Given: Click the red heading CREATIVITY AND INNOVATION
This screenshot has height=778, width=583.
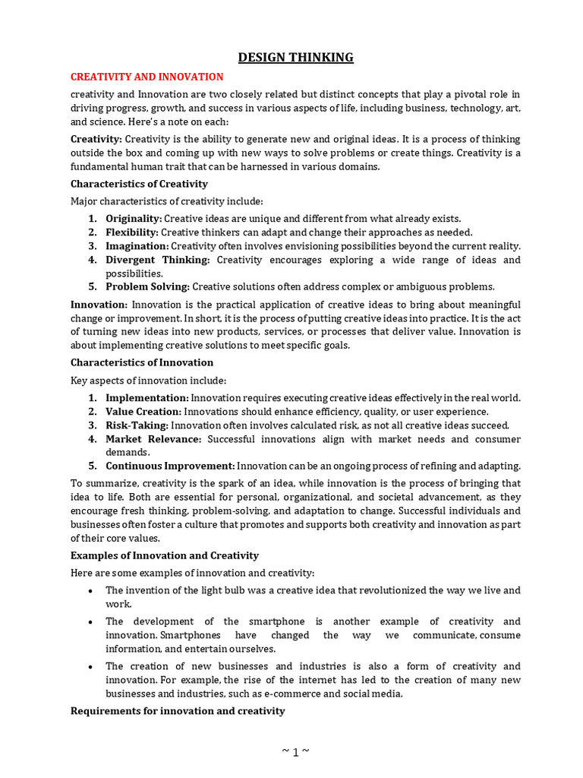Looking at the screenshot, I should [x=147, y=77].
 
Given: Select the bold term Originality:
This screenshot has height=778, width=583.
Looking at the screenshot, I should [x=134, y=219].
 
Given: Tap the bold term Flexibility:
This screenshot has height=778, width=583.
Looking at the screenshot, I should [x=132, y=232].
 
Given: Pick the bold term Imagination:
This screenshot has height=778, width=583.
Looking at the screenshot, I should [x=137, y=246].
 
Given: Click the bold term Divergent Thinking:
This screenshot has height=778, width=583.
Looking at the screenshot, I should [x=157, y=260].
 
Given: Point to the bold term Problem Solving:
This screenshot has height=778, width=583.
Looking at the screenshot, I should [x=147, y=287].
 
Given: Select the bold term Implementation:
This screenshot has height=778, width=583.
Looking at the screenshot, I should [x=147, y=398].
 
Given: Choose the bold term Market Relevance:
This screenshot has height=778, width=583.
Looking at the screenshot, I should [x=153, y=439].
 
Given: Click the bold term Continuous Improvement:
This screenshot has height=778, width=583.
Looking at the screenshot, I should [x=170, y=466].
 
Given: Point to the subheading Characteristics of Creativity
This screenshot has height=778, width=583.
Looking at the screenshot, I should [x=139, y=184].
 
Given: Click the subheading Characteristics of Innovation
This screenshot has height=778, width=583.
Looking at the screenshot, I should [x=142, y=362].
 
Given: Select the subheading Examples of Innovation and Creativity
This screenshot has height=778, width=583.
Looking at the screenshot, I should [x=165, y=555].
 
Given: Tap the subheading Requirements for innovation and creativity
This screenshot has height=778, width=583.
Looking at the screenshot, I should [x=178, y=711].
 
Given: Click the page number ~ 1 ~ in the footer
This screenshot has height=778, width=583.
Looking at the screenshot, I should [x=295, y=752].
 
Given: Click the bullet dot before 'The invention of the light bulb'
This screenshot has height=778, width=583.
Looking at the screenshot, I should [x=91, y=591].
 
